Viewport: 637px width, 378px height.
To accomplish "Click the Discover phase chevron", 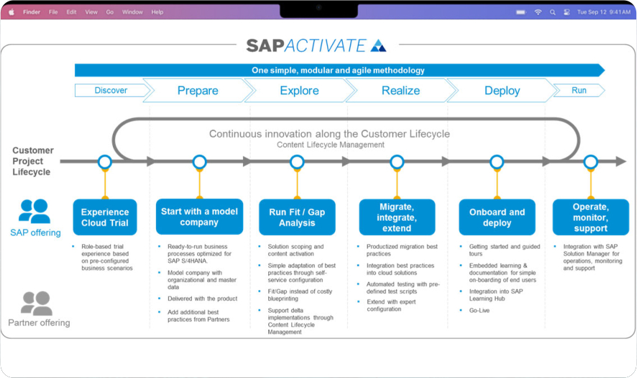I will point(111,91).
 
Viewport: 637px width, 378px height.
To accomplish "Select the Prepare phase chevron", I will point(198,91).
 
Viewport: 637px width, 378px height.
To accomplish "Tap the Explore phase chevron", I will point(299,91).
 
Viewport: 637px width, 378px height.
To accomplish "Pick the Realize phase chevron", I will point(400,91).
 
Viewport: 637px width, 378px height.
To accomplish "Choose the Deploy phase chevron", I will point(502,91).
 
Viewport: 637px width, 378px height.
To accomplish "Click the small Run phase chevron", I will point(579,91).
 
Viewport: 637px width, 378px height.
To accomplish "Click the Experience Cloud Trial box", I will point(105,217).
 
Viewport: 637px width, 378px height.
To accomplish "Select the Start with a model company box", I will point(199,217).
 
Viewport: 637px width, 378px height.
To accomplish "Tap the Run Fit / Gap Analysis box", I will point(297,217).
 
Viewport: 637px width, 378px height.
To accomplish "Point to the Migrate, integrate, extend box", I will point(397,217).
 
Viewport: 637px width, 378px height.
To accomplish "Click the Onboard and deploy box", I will point(497,217).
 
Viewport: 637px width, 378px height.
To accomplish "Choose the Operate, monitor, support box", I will point(590,217).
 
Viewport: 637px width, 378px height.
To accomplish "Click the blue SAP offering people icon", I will point(34,211).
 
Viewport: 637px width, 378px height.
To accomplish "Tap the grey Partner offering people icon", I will point(36,303).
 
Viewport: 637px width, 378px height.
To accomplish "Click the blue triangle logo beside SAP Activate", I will point(378,46).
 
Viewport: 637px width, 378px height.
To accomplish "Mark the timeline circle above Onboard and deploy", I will point(497,162).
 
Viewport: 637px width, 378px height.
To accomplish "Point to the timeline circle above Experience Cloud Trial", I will point(105,162).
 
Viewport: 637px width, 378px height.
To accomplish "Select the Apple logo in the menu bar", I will point(11,12).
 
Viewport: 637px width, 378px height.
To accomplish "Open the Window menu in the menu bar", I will point(132,12).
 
